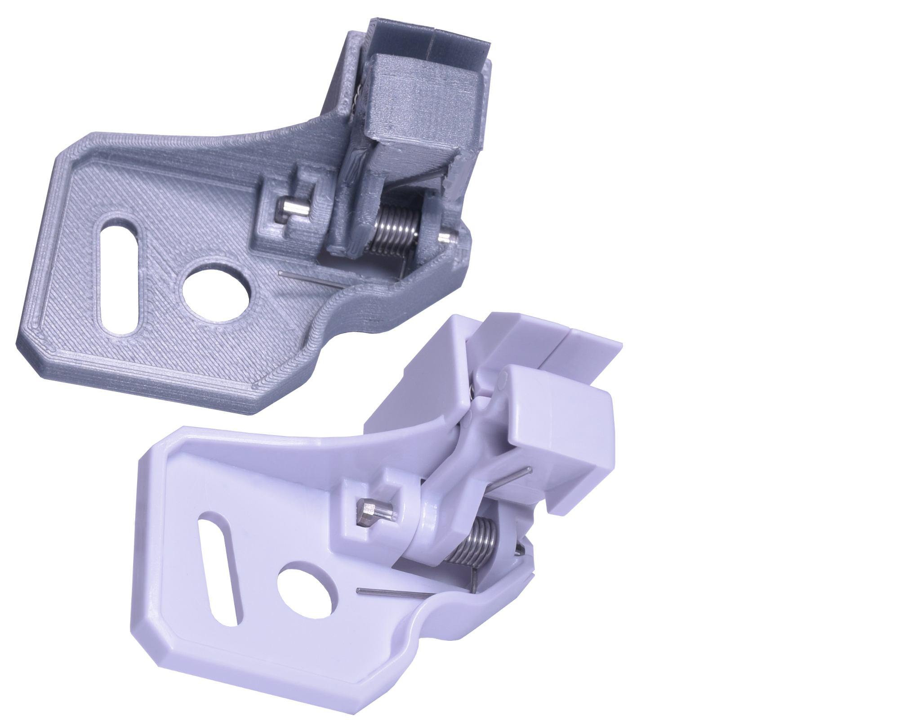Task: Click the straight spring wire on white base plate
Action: click(391, 594)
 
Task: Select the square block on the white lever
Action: click(557, 418)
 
